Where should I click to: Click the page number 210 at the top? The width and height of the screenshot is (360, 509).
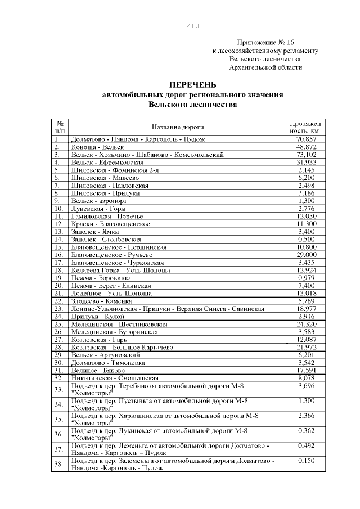click(x=192, y=25)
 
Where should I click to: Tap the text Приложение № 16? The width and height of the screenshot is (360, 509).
click(x=265, y=42)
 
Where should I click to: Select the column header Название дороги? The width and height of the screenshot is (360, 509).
click(x=178, y=127)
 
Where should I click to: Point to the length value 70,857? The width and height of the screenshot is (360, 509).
click(x=307, y=138)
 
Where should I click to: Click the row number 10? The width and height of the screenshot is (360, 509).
click(x=59, y=208)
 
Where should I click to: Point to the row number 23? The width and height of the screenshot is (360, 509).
click(x=59, y=308)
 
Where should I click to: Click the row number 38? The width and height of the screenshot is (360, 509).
click(x=59, y=465)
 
